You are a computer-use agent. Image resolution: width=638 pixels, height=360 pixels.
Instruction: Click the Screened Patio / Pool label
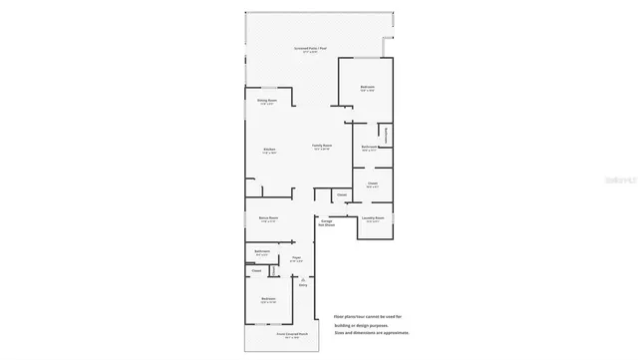(312, 49)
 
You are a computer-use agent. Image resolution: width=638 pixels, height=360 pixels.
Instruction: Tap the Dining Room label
(266, 101)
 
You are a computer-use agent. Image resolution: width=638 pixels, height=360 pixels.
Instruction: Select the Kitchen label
(269, 150)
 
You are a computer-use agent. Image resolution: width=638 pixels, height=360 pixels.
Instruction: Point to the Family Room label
(321, 147)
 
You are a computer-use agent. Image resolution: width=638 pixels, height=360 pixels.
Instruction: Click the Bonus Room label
(268, 218)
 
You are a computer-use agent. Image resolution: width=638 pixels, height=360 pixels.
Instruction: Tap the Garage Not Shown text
(327, 223)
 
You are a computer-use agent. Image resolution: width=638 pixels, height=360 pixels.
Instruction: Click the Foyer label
(296, 258)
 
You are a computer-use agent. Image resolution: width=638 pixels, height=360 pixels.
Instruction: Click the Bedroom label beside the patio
(367, 89)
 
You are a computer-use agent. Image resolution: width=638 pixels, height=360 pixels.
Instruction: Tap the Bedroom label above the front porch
(268, 300)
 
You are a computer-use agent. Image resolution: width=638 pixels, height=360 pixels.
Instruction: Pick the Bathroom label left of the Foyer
(262, 251)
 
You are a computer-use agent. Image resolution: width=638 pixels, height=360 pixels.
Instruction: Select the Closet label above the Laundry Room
(372, 184)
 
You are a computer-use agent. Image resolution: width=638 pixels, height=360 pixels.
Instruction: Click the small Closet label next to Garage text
(341, 194)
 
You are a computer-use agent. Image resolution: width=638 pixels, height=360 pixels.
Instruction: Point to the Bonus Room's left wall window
(245, 220)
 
